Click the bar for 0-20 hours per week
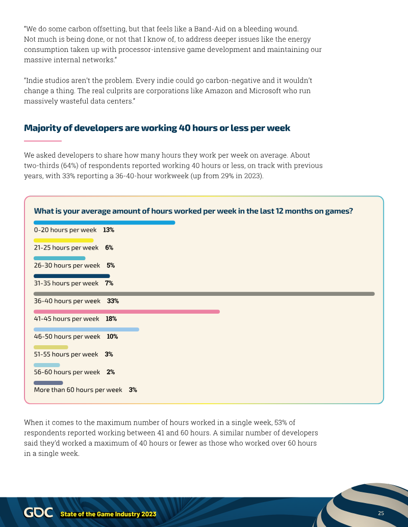tap(104, 223)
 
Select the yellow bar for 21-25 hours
tap(63, 240)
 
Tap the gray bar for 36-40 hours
tap(204, 294)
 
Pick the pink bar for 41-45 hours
tap(126, 312)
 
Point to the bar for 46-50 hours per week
tap(86, 329)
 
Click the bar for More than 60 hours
tap(48, 383)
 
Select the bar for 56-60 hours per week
tap(47, 365)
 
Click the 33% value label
tap(113, 301)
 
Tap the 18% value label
tap(111, 319)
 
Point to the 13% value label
tap(108, 230)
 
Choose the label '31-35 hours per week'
tap(66, 283)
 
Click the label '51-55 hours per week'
tap(66, 354)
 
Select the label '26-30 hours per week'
tap(67, 265)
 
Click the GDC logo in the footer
tap(38, 513)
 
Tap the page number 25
tap(381, 513)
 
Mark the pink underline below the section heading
tap(43, 141)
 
